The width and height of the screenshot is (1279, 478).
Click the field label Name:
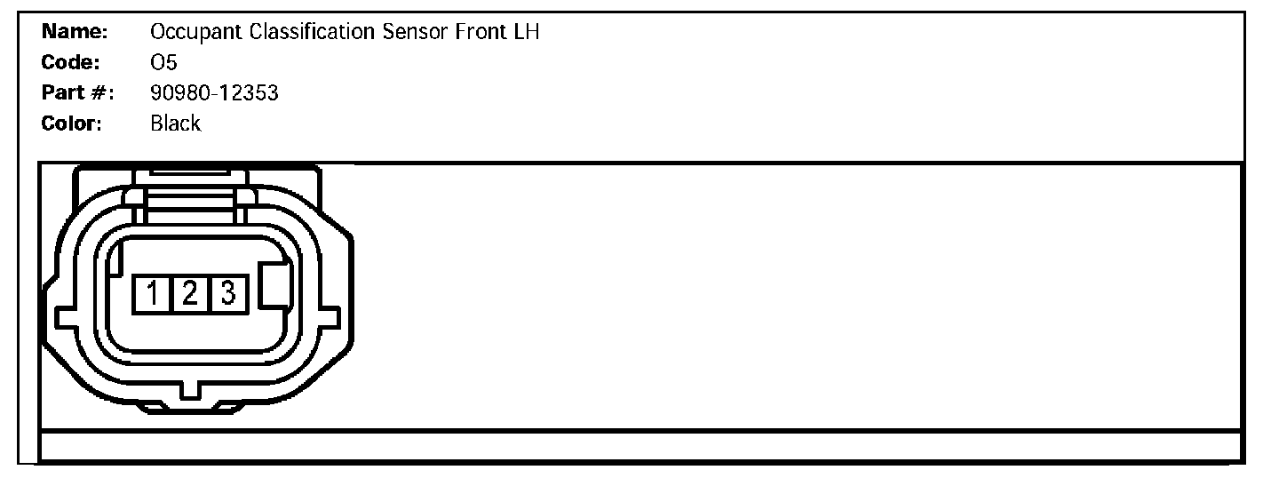point(75,33)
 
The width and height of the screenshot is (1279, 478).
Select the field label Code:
point(71,63)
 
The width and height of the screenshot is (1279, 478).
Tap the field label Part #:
point(78,93)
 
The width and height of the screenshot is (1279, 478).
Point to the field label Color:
point(73,123)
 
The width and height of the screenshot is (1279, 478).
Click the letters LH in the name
point(528,33)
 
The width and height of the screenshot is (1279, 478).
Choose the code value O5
point(164,63)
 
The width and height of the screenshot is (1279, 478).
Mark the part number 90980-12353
point(215,93)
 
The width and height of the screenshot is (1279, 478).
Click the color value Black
point(176,123)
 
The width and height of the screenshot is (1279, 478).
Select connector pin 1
point(152,292)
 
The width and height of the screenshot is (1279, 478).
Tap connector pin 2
point(190,292)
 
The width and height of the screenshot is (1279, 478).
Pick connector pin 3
point(227,292)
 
